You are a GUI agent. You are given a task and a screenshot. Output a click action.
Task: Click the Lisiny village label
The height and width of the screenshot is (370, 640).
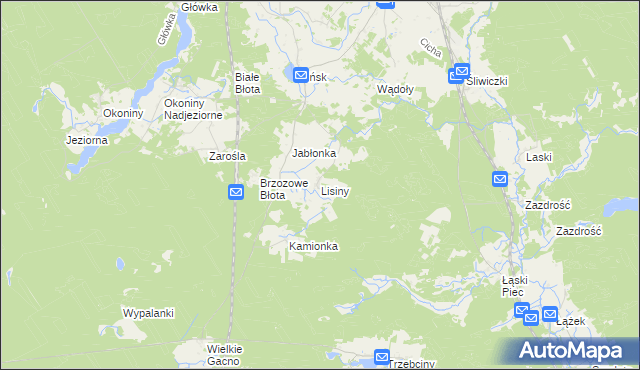coord(335,190)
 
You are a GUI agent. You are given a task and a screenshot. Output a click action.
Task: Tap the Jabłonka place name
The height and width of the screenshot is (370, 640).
coord(314,153)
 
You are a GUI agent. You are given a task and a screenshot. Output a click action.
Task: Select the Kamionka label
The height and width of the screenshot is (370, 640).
coord(313,246)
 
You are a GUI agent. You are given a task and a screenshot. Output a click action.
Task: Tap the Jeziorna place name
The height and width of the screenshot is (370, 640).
coord(86,140)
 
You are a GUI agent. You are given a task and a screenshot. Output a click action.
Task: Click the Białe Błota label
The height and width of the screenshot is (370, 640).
coord(247,83)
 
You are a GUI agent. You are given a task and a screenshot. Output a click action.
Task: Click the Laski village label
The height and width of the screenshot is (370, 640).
coord(539,158)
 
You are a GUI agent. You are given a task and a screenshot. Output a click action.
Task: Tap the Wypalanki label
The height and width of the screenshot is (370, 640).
coord(148,313)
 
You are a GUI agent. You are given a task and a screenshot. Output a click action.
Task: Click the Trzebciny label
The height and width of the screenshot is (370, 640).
coord(412,364)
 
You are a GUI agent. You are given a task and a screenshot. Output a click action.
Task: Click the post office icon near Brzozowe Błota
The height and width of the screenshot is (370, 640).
coord(236,192)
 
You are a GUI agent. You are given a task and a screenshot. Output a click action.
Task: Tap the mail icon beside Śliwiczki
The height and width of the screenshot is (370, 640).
coord(461,71)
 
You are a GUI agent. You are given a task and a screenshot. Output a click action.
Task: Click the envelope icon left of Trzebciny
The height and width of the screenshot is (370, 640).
coord(381,357)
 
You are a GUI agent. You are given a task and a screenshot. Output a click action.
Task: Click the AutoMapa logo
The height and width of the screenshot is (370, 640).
coord(574,350)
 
